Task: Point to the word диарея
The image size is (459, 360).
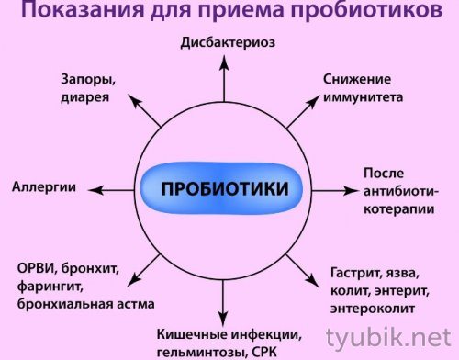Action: (84, 96)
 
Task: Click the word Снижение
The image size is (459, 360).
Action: (357, 79)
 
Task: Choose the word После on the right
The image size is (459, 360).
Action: (383, 174)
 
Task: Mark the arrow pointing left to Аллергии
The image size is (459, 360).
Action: (101, 190)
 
